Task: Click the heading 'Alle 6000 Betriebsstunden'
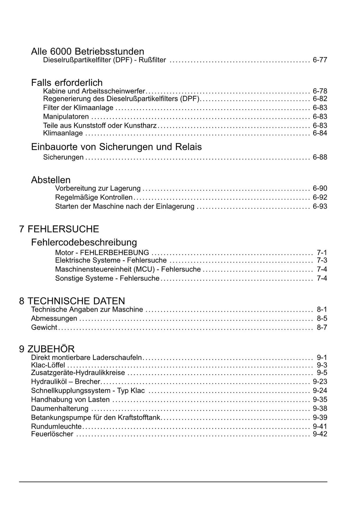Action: [88, 51]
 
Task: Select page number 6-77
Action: [320, 60]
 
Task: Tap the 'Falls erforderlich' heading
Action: [67, 83]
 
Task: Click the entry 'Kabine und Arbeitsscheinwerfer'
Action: [94, 91]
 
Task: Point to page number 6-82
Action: [320, 99]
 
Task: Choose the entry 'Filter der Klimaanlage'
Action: [78, 108]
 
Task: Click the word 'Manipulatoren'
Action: [66, 117]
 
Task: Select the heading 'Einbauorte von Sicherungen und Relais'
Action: [116, 147]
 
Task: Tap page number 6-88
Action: [320, 157]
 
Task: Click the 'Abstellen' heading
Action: [51, 180]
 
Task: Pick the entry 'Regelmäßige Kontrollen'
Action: [94, 197]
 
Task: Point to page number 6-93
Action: [320, 206]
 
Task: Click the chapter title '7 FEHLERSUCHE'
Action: [59, 229]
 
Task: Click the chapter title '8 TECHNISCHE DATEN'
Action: [72, 301]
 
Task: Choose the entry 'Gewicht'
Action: [44, 327]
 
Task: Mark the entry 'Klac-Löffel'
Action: [48, 365]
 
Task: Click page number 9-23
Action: [320, 382]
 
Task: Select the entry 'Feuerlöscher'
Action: [52, 434]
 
